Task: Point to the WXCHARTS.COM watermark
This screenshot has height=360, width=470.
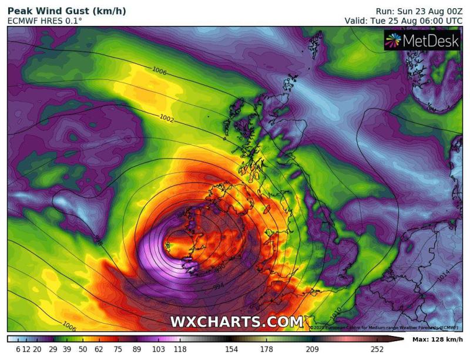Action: click(237, 321)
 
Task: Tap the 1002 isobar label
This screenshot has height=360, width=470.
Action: click(167, 118)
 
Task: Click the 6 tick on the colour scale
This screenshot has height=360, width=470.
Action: click(18, 349)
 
